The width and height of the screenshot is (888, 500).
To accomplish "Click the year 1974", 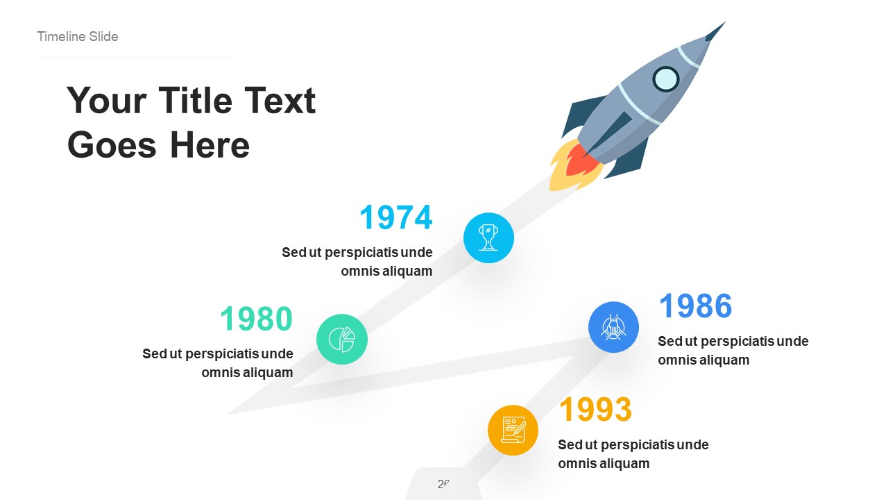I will coord(396,217).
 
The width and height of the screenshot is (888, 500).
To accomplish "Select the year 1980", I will coord(257,319).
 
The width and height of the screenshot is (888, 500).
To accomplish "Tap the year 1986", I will coord(695,306).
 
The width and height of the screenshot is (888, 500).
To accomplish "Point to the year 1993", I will coord(595,410).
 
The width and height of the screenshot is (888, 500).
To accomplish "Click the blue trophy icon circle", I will coord(488,237).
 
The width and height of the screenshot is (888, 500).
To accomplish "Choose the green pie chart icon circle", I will coord(342,339).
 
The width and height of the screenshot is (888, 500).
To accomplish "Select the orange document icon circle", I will coord(513,430).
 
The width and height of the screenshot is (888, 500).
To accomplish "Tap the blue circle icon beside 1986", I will coord(613,326).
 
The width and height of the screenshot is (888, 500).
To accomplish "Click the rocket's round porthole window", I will coord(666,79).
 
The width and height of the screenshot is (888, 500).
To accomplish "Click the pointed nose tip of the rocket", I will coord(721,26).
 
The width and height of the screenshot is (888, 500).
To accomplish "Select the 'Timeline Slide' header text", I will coord(78,37).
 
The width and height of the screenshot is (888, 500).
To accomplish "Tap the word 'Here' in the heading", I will coord(209,145).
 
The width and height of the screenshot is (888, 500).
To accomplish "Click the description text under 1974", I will coord(357,262).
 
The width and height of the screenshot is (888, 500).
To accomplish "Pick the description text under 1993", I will coord(633,454).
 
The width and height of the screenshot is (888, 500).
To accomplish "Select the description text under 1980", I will coord(218,363).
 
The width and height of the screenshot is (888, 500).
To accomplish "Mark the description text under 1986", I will coord(733,351).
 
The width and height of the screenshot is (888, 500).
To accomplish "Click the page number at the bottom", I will coord(444,484).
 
